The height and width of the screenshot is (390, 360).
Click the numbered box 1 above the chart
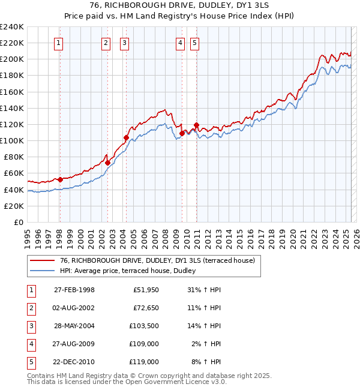[x=59, y=43]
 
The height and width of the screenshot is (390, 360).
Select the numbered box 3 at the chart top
[x=124, y=43]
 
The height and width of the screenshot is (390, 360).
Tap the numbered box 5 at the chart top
[x=196, y=43]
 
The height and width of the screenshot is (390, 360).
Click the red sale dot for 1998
[x=60, y=179]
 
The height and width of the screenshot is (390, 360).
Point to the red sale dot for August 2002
[x=107, y=163]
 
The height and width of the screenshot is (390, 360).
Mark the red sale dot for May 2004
[x=127, y=137]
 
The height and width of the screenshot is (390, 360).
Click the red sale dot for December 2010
[x=196, y=125]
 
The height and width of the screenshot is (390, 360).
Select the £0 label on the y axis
[x=19, y=222]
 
